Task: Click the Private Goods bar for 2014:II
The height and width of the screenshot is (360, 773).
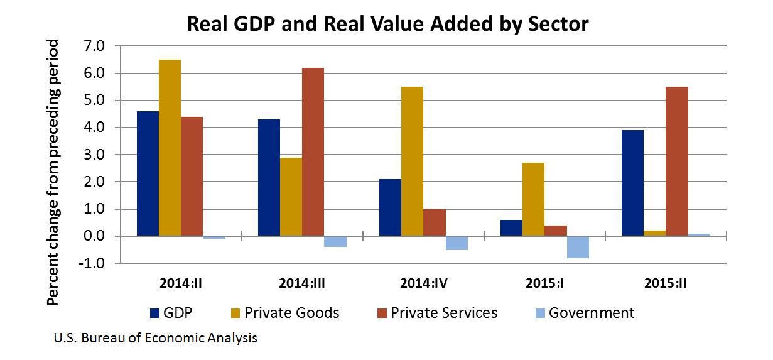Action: (x=170, y=148)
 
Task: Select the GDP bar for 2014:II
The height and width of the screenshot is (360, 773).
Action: (x=148, y=174)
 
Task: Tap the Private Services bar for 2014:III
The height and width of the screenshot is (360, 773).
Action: (x=313, y=152)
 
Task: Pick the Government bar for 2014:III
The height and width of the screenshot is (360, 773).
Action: (x=335, y=242)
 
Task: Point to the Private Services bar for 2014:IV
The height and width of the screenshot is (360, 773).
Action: (x=434, y=223)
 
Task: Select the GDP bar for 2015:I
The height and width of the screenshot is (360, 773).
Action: (x=511, y=228)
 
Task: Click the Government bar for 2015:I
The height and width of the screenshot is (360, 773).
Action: (x=578, y=248)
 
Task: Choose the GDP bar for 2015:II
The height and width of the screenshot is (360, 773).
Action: (x=632, y=183)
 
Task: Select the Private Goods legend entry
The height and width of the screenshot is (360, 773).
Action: (x=282, y=312)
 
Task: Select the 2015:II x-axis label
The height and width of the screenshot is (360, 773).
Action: (x=665, y=282)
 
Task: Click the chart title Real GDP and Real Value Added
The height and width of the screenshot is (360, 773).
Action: (x=388, y=25)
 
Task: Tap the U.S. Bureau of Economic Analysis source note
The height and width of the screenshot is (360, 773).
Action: (x=155, y=339)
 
